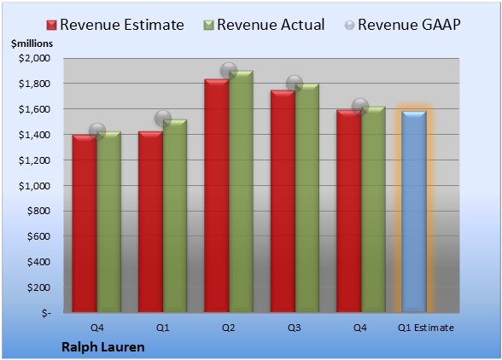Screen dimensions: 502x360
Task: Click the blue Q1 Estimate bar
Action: [x=414, y=212]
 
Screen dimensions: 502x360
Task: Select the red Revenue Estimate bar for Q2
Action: [x=217, y=195]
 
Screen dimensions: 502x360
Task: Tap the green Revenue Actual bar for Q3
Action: [x=306, y=198]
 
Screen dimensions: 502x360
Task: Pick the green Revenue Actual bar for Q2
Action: [x=241, y=191]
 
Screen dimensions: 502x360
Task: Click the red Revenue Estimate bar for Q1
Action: [x=150, y=222]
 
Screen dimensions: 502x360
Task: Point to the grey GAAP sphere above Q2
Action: [x=229, y=71]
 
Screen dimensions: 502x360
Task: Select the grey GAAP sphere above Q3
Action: [x=295, y=84]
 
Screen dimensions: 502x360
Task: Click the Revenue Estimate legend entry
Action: [x=115, y=25]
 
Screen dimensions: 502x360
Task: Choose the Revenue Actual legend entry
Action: [x=264, y=25]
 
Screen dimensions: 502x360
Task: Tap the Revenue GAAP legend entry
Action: [x=403, y=25]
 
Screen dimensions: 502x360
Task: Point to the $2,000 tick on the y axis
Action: [x=34, y=58]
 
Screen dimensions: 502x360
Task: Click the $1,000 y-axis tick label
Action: [x=34, y=186]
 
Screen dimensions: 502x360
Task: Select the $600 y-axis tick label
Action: [x=38, y=236]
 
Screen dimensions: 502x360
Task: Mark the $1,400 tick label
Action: [x=34, y=135]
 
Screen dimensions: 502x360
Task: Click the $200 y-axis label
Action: [x=38, y=287]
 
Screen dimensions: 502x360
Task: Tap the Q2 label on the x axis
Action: [x=229, y=328]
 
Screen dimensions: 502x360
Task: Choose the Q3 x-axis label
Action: [x=295, y=328]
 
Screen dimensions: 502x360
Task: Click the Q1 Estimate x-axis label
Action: [x=426, y=328]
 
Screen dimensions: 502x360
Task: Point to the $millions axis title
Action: [x=32, y=44]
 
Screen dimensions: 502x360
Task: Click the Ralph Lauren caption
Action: [x=103, y=347]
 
